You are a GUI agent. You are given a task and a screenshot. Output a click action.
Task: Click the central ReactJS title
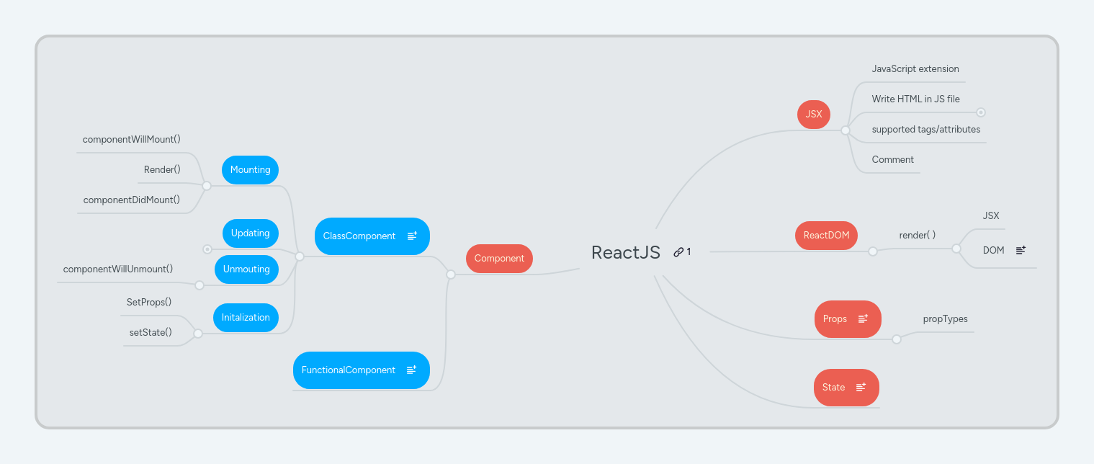tap(625, 252)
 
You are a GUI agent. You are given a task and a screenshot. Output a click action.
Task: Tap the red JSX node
tap(814, 115)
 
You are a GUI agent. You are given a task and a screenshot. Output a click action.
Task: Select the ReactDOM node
tap(826, 236)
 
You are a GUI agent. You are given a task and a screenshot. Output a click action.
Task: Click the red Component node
tap(499, 259)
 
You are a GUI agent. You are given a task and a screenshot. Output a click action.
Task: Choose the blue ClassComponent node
tap(360, 236)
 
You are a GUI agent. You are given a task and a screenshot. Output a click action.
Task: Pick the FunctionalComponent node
tap(349, 370)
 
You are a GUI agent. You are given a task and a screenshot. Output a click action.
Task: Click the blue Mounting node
tap(250, 170)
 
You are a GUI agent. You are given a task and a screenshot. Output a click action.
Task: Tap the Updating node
tap(250, 233)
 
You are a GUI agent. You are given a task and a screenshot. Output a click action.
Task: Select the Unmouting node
tap(246, 269)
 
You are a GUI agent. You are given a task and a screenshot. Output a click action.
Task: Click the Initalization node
tap(246, 318)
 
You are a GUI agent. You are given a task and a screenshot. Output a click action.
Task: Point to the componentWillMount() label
tap(131, 139)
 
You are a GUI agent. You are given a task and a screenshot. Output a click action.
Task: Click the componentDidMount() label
tap(131, 200)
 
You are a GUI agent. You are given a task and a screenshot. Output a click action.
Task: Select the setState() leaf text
tap(151, 332)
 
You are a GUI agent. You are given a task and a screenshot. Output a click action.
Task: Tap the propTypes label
tap(945, 318)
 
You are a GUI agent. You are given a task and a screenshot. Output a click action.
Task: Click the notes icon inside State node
tap(861, 387)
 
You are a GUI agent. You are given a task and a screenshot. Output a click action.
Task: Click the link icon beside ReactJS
tap(678, 252)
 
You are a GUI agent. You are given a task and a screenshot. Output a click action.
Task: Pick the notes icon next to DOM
tap(1021, 250)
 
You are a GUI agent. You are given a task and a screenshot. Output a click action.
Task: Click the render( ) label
tap(917, 235)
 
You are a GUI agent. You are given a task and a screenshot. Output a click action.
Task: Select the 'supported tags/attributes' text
tap(925, 130)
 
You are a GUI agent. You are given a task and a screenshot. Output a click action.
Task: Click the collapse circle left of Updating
tap(207, 249)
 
